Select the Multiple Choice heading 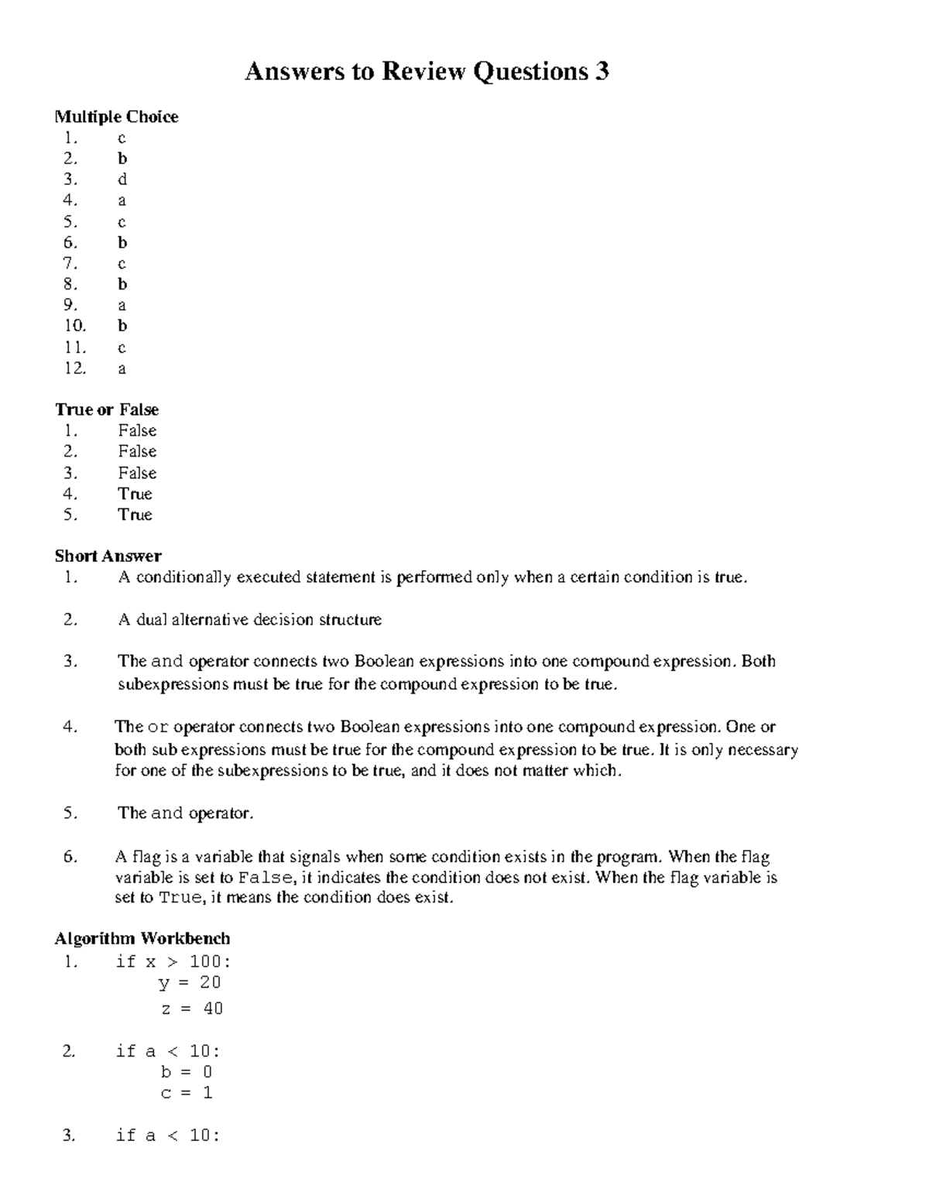(116, 117)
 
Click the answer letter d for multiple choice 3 (122, 180)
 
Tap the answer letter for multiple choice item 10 (122, 326)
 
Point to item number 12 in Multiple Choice (75, 368)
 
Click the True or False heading (107, 409)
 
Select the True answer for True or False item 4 (135, 494)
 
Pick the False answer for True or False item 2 (137, 451)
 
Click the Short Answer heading (108, 556)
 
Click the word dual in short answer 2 (152, 620)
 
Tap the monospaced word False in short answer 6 (266, 878)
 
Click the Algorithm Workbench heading (142, 939)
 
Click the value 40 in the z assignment (213, 1009)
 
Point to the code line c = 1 (187, 1093)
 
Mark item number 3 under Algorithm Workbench (70, 1135)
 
